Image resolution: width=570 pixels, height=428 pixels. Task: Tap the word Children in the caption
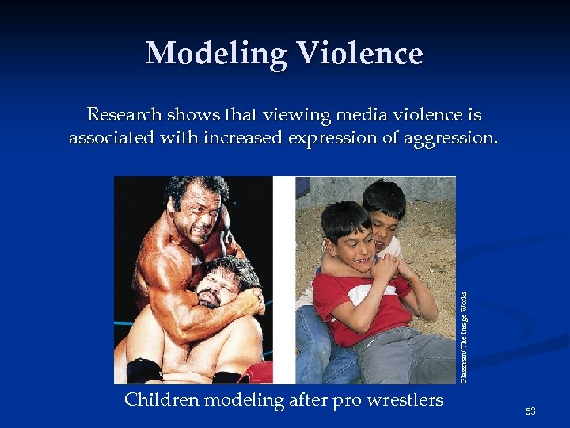(x=161, y=400)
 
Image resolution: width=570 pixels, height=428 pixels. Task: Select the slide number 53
(x=530, y=411)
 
